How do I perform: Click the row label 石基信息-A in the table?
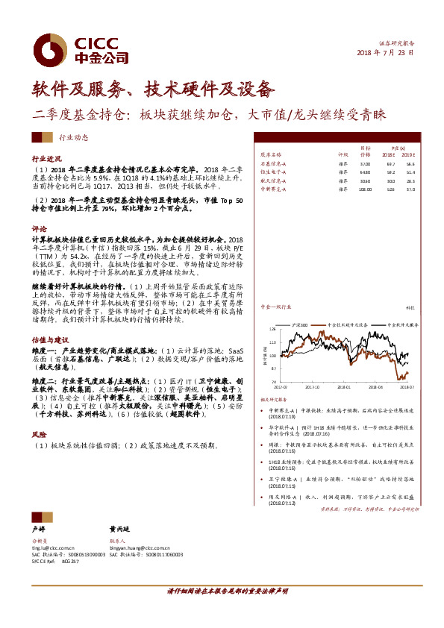click(273, 163)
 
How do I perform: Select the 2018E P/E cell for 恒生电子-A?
click(390, 172)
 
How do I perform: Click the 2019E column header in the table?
click(407, 155)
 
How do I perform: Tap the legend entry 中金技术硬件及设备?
click(347, 325)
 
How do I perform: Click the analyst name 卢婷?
click(38, 527)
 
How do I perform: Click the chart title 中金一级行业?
click(273, 307)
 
